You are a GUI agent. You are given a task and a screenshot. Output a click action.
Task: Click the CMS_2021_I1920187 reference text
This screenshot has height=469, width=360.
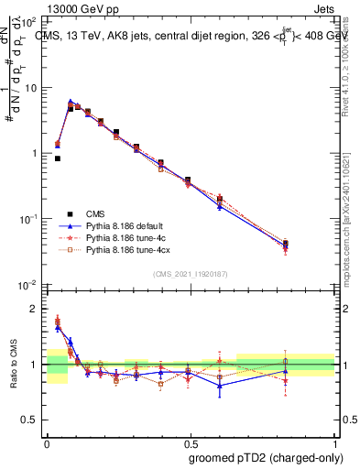coord(190,274)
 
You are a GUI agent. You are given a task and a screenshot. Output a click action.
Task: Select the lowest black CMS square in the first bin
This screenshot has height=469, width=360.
coord(57,158)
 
